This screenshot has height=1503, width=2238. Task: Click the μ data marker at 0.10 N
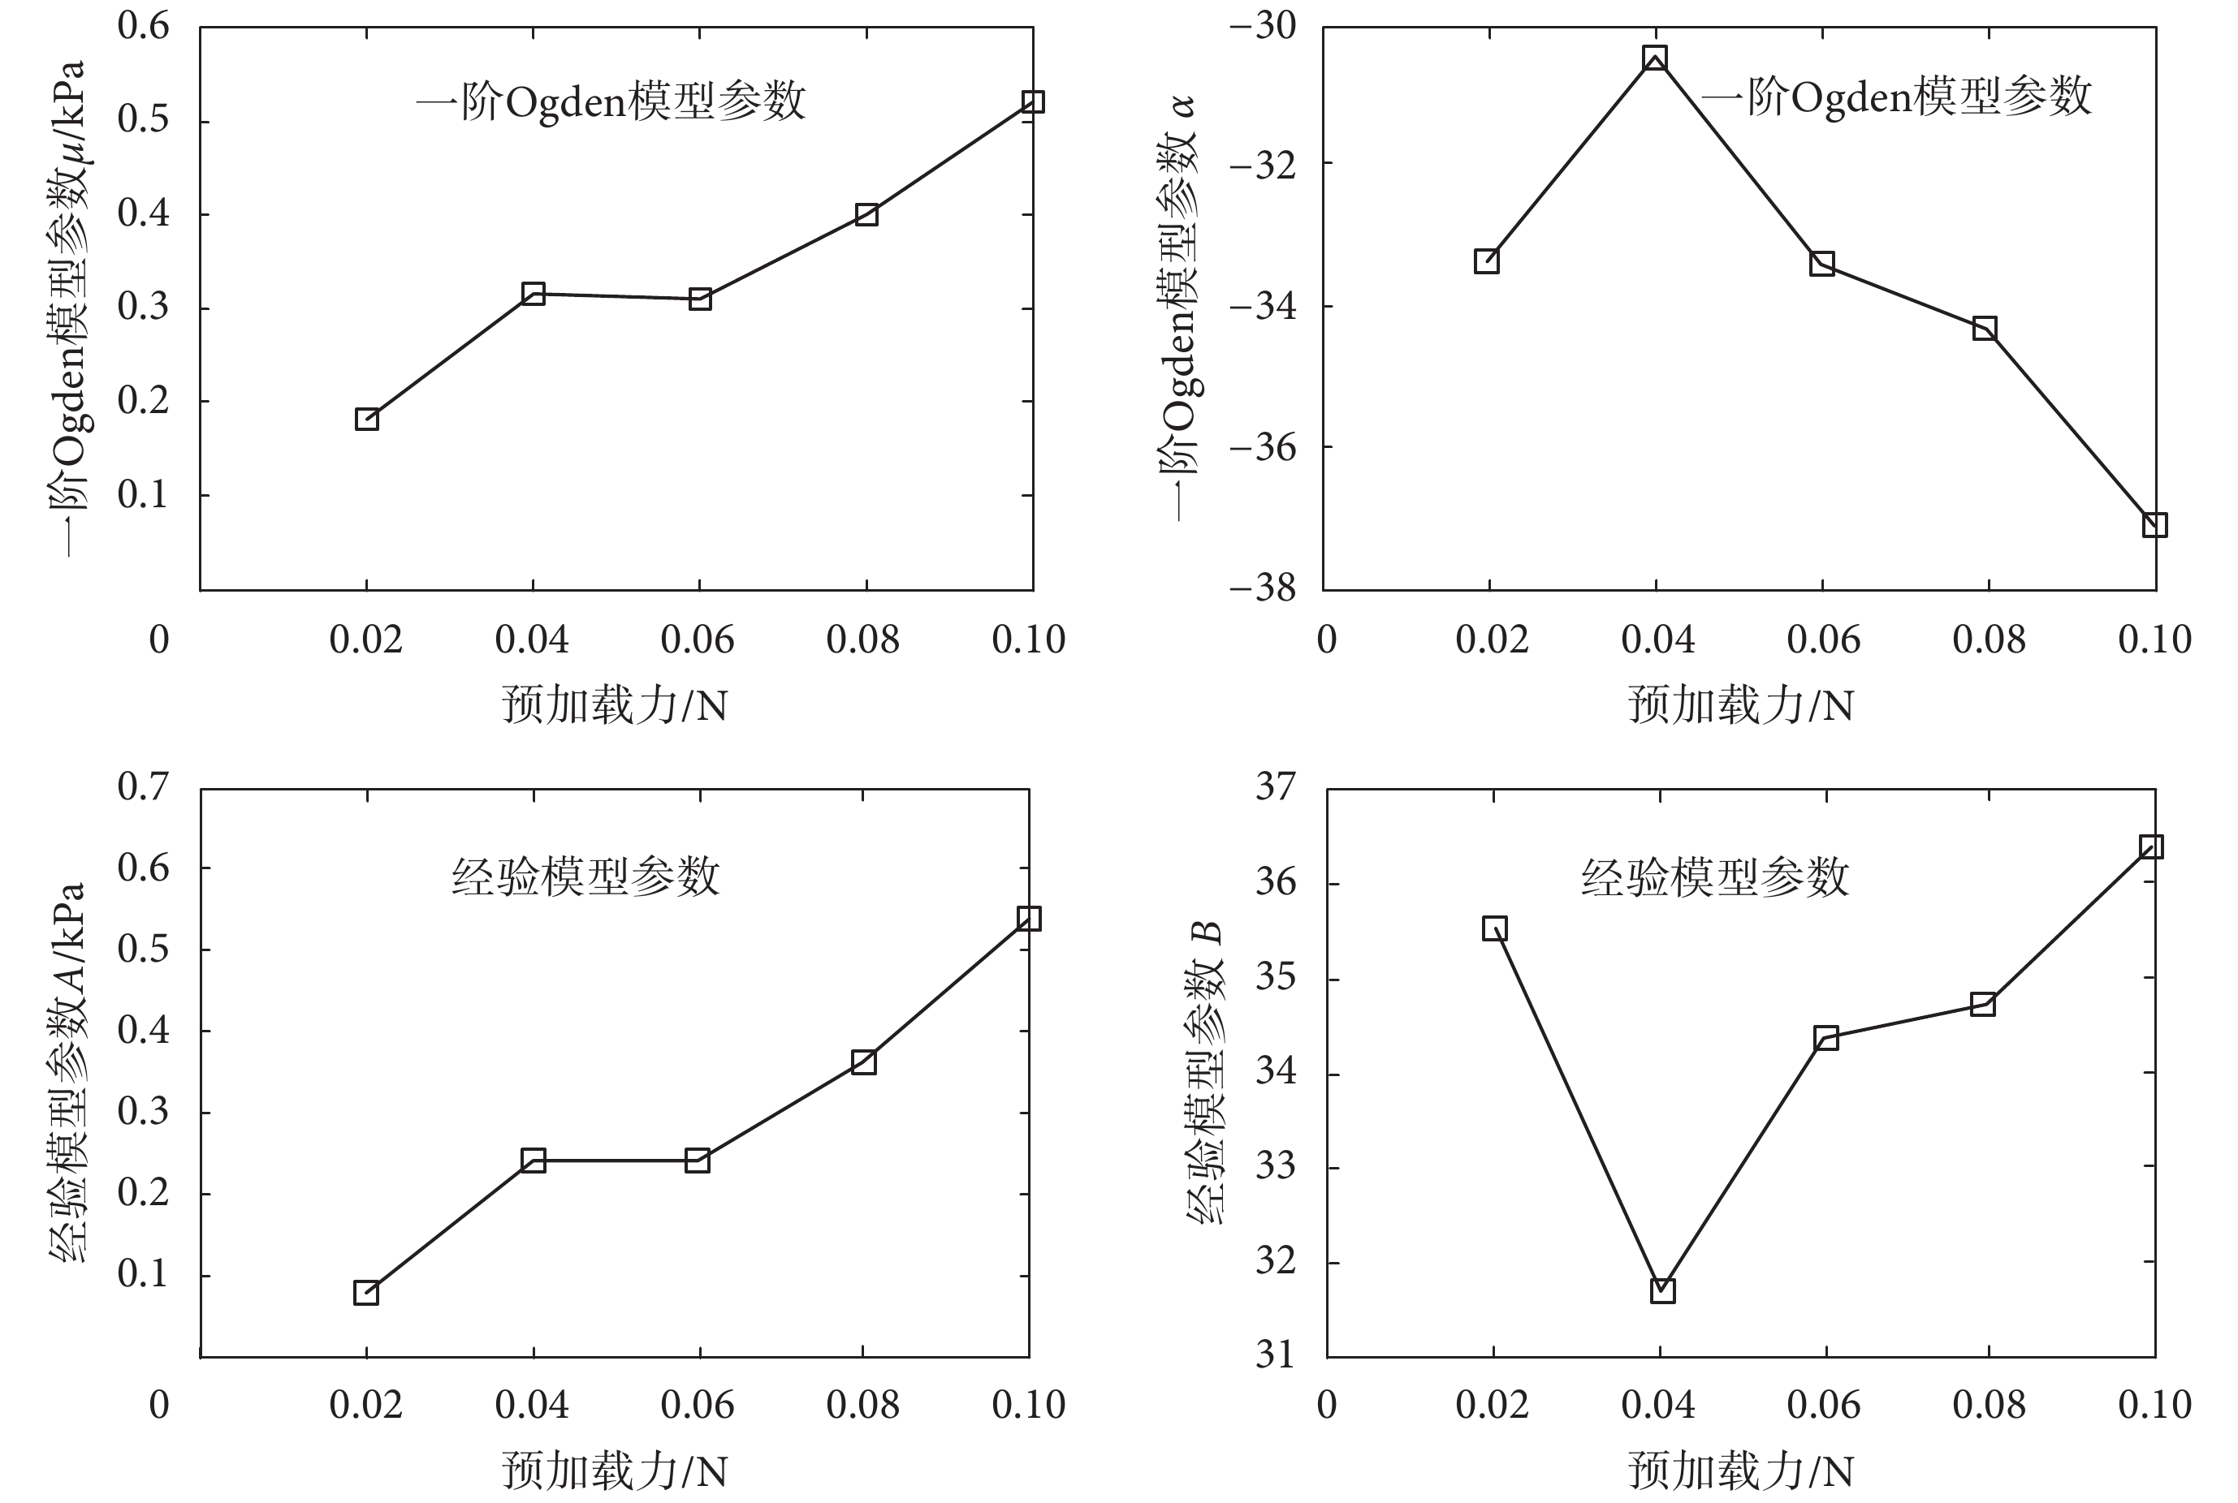[1032, 101]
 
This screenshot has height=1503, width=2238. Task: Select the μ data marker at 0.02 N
[366, 419]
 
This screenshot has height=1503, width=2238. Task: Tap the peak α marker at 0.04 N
[1654, 58]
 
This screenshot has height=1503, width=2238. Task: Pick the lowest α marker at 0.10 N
[2154, 524]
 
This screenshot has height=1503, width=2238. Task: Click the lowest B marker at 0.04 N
[1661, 1291]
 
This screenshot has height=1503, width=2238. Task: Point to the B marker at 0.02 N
[1494, 928]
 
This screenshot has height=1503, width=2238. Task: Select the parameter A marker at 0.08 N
[863, 1062]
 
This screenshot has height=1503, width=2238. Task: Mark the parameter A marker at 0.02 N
[365, 1292]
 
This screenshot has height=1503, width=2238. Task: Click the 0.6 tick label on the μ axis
[143, 26]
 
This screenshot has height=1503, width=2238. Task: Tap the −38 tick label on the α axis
[1262, 587]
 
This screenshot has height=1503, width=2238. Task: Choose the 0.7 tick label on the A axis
[143, 787]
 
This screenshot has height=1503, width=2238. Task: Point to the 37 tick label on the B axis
[1275, 787]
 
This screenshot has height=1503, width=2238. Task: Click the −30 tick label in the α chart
[1262, 26]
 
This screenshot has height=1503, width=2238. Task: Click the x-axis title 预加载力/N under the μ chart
[615, 705]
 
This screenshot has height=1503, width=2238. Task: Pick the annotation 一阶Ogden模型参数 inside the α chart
[1895, 97]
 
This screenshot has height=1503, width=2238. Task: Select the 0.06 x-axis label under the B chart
[1823, 1406]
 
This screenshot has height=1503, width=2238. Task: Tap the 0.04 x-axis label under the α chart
[1657, 640]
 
